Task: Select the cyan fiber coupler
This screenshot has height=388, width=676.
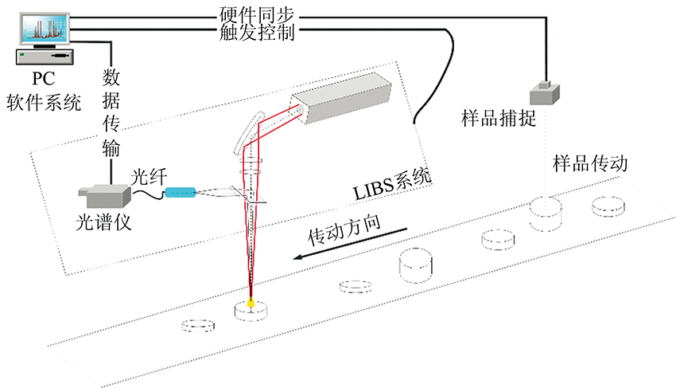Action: pyautogui.click(x=179, y=191)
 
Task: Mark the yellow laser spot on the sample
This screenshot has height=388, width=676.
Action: pyautogui.click(x=251, y=302)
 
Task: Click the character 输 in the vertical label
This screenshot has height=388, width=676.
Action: pyautogui.click(x=110, y=150)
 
